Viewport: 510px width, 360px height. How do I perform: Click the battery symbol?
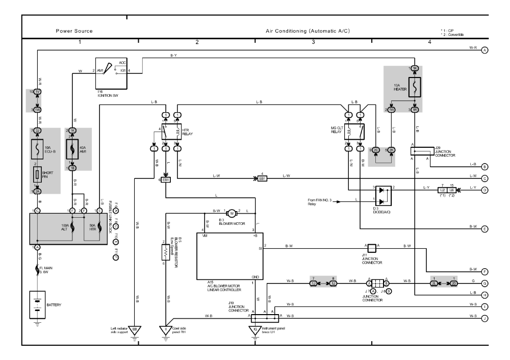[38, 303]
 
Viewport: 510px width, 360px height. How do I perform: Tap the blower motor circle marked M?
[232, 213]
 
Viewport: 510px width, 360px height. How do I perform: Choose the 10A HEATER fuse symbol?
[415, 89]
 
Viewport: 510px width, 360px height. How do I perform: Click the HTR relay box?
[169, 132]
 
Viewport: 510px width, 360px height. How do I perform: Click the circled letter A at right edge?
[485, 50]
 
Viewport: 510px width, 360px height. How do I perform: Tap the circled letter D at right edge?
[485, 190]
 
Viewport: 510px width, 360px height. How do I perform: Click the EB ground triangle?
[135, 330]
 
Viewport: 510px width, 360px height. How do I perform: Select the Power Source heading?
[74, 31]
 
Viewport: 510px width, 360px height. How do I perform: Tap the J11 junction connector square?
[373, 248]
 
